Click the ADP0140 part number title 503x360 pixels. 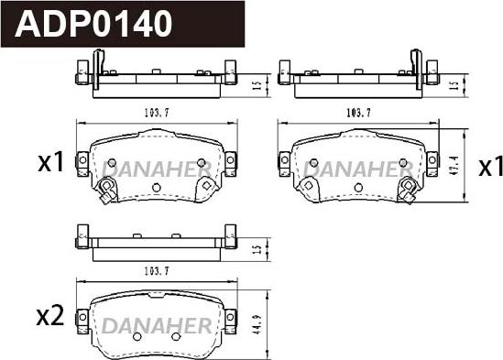click(x=93, y=24)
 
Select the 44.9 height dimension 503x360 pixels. click(x=257, y=324)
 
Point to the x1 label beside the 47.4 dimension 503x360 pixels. click(x=490, y=167)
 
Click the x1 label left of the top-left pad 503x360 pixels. click(x=51, y=163)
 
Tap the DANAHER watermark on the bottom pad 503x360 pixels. click(x=157, y=325)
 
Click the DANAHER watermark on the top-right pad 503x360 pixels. click(x=358, y=169)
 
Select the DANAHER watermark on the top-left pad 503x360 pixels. click(x=157, y=169)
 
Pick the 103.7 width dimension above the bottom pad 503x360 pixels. click(x=157, y=271)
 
